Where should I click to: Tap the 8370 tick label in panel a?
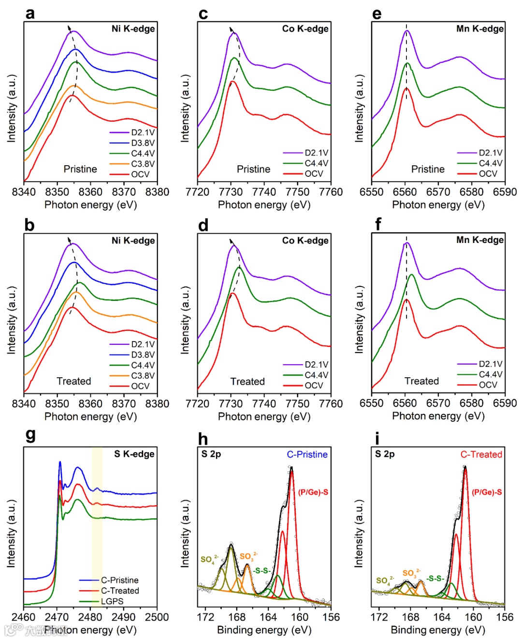(124, 192)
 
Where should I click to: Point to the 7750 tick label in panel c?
(297, 192)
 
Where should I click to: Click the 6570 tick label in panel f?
(438, 403)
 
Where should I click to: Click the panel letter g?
(30, 435)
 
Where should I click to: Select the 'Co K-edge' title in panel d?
(305, 241)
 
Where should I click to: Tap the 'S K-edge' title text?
(134, 454)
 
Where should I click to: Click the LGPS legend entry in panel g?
(112, 601)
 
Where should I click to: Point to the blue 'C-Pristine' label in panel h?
(307, 455)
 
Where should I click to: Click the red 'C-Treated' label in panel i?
(481, 455)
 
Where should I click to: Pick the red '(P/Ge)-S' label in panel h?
(313, 492)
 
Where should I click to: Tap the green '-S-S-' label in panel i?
(435, 578)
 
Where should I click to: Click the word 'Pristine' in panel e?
(428, 169)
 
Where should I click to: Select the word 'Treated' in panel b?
(74, 381)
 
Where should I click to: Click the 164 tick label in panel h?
(268, 617)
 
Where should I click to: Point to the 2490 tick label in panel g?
(124, 617)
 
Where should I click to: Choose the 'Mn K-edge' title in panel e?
(479, 28)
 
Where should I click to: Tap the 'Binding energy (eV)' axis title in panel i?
(438, 630)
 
